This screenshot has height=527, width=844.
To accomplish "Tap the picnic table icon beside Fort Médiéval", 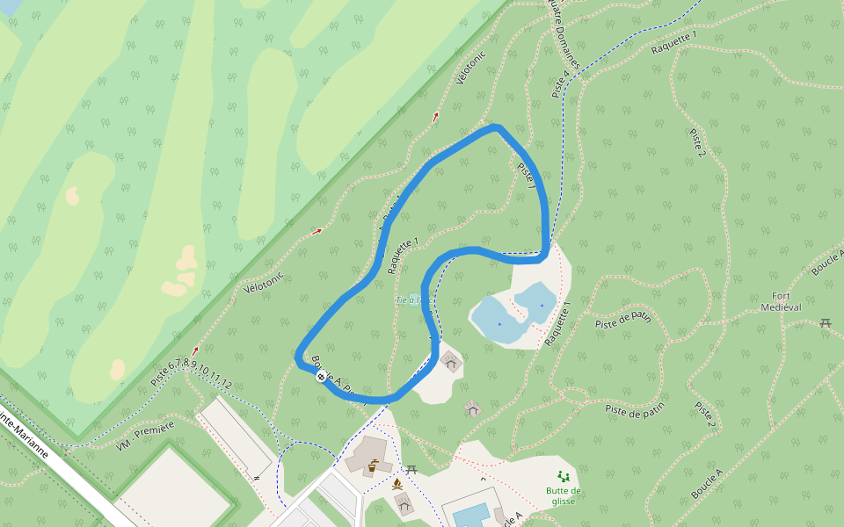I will [826, 323].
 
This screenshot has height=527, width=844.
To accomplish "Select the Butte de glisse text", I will [563, 495].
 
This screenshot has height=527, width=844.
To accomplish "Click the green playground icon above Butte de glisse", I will [563, 476].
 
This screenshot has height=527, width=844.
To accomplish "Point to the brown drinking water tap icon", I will [374, 466].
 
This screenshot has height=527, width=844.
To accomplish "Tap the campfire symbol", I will [397, 483].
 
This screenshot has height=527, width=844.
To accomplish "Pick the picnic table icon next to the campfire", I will [411, 470].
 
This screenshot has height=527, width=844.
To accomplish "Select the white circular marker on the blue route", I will [322, 377].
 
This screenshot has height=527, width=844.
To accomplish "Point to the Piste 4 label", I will [560, 83].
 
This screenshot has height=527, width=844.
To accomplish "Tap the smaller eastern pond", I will [535, 300].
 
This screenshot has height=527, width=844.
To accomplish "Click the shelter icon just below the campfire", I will [404, 503].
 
